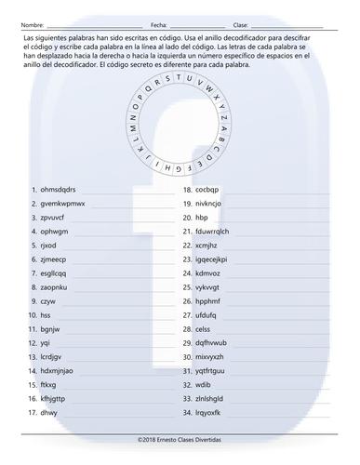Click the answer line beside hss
pos(121,317)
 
